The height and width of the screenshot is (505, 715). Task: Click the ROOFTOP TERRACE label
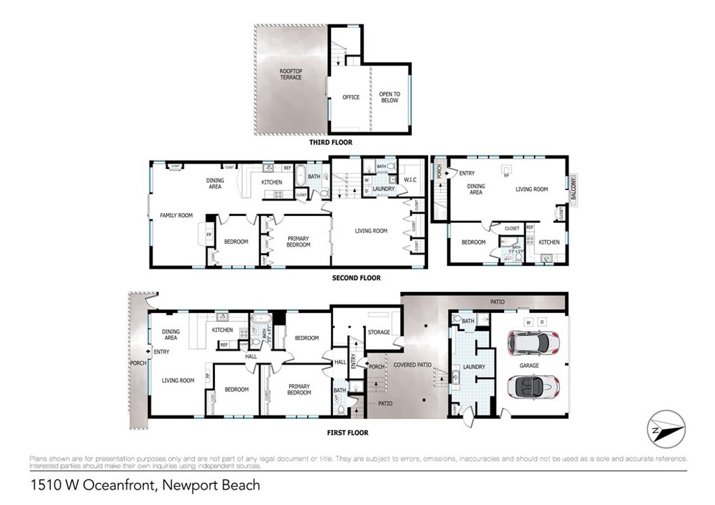[290, 74]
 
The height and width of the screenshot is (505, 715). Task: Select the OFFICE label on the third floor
[351, 97]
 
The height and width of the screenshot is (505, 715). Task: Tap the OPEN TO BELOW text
[390, 97]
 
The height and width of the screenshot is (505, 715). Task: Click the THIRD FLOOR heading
[331, 142]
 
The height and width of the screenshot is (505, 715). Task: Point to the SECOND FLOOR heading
[356, 277]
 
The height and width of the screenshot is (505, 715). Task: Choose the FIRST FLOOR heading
[348, 432]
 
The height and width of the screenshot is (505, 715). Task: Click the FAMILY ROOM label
[176, 215]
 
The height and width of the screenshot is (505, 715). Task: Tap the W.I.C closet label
[410, 180]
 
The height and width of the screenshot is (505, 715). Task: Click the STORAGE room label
[379, 332]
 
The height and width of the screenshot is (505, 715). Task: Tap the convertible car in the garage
[534, 385]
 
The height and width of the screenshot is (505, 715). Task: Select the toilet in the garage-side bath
[457, 319]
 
